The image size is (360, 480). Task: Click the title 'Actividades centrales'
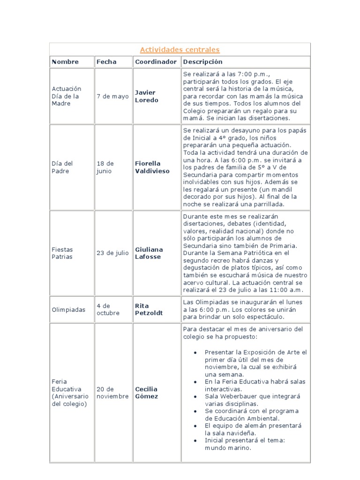pyautogui.click(x=180, y=50)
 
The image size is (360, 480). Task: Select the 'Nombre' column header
pyautogui.click(x=65, y=62)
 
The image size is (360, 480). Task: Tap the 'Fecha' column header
pyautogui.click(x=106, y=62)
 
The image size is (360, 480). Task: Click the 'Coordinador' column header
pyautogui.click(x=156, y=62)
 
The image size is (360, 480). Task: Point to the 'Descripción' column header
pyautogui.click(x=202, y=62)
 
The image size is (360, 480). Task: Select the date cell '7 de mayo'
pyautogui.click(x=112, y=96)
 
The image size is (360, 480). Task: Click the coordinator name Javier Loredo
pyautogui.click(x=146, y=96)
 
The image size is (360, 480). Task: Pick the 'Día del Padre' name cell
pyautogui.click(x=62, y=167)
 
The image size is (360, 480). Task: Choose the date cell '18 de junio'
pyautogui.click(x=105, y=167)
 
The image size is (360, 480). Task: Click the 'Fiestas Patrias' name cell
pyautogui.click(x=62, y=253)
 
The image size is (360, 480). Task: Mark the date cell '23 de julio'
pyautogui.click(x=112, y=253)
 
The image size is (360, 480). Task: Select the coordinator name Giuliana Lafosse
pyautogui.click(x=149, y=253)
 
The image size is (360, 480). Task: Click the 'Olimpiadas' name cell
pyautogui.click(x=68, y=310)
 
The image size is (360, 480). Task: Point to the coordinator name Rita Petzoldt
pyautogui.click(x=149, y=309)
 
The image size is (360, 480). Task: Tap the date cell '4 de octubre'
pyautogui.click(x=108, y=309)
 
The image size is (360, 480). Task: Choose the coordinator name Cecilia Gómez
pyautogui.click(x=146, y=393)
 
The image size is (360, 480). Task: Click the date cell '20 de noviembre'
pyautogui.click(x=112, y=393)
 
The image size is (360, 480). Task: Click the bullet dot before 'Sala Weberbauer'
pyautogui.click(x=195, y=396)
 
